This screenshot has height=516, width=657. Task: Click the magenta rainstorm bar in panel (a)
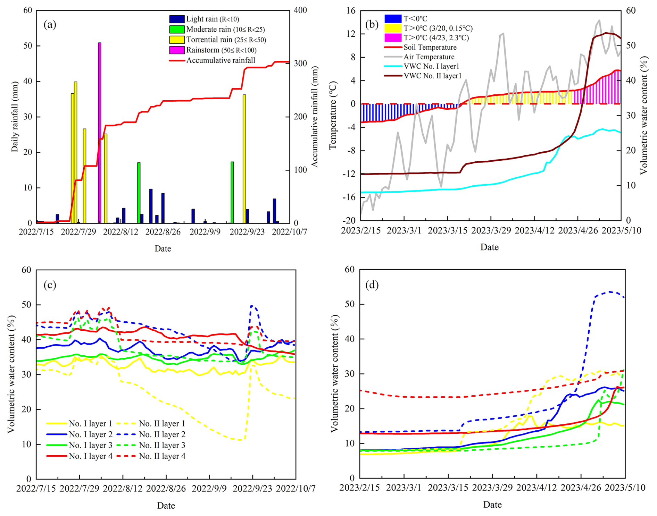pos(100,132)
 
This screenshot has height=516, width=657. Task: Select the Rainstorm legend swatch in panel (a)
pos(177,50)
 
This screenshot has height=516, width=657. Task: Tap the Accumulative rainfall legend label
pos(221,60)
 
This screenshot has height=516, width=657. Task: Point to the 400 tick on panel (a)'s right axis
pos(301,10)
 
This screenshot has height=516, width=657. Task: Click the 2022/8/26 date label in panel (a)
pos(163,232)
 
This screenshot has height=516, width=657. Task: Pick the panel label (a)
pos(50,24)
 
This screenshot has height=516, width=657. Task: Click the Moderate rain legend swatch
pos(177,29)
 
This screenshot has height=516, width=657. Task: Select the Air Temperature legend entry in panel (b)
pos(429,57)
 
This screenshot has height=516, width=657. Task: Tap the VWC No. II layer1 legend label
pos(432,76)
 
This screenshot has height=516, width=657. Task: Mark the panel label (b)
pos(372,24)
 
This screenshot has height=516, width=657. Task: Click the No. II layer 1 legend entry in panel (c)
pos(162,424)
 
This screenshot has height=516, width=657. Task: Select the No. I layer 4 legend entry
pos(90,456)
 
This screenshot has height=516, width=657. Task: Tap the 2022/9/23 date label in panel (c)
pos(252,489)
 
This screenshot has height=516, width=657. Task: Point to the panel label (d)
pos(372,285)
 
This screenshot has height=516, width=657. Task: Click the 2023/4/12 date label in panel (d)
pos(537,488)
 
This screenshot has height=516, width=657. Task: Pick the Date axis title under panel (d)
pos(492,505)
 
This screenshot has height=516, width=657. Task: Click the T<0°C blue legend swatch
pos(393,18)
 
